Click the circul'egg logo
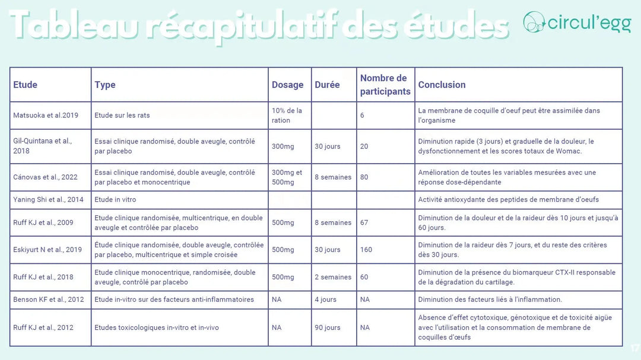(x=576, y=23)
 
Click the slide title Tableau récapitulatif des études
(x=259, y=24)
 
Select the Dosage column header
(x=288, y=85)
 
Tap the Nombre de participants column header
(x=385, y=85)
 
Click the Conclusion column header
(x=442, y=85)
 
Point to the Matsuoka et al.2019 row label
(x=46, y=115)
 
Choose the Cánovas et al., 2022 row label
(x=45, y=177)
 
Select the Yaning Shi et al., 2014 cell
(x=48, y=200)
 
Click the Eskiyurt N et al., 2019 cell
(x=47, y=250)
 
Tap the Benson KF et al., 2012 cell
(x=49, y=300)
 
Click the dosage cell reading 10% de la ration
(x=287, y=115)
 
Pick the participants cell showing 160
(x=366, y=250)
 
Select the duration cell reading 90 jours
(x=328, y=327)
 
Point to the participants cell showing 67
(x=364, y=223)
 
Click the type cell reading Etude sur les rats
(x=122, y=115)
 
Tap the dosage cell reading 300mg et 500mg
(x=287, y=177)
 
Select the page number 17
(x=635, y=348)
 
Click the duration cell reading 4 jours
(x=326, y=300)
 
